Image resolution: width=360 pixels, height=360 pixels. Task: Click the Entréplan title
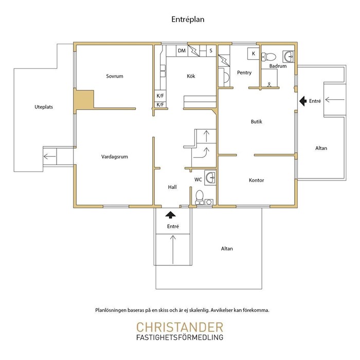coord(188,20)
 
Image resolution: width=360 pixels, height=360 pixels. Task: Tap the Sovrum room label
coord(115,76)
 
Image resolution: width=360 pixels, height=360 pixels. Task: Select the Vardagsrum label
coord(115,157)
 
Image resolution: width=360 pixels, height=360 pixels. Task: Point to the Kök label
coord(191,76)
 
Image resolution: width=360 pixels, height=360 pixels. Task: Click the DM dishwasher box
coord(182,51)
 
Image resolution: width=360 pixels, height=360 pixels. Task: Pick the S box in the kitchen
coord(211,51)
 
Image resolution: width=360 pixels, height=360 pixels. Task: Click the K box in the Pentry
coord(253,53)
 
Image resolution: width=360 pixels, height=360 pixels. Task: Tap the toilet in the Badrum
coord(268,57)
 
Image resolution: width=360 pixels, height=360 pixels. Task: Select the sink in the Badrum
coord(289,57)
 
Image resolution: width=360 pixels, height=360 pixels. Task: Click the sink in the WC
coord(210,177)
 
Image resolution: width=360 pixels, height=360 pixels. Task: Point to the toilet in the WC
coord(200,197)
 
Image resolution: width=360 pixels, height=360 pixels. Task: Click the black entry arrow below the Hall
coord(170,215)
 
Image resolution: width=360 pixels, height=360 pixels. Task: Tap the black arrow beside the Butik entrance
coord(303,101)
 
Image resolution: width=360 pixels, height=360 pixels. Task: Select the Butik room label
coord(257,122)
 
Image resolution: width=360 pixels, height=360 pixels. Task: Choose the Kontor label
coord(257,181)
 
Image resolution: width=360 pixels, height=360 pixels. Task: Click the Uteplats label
coord(44,107)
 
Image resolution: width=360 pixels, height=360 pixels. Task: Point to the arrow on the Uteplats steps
coord(49,156)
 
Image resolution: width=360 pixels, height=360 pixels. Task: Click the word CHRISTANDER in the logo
coord(180,328)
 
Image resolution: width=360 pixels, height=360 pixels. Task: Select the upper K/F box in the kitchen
coord(160,96)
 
